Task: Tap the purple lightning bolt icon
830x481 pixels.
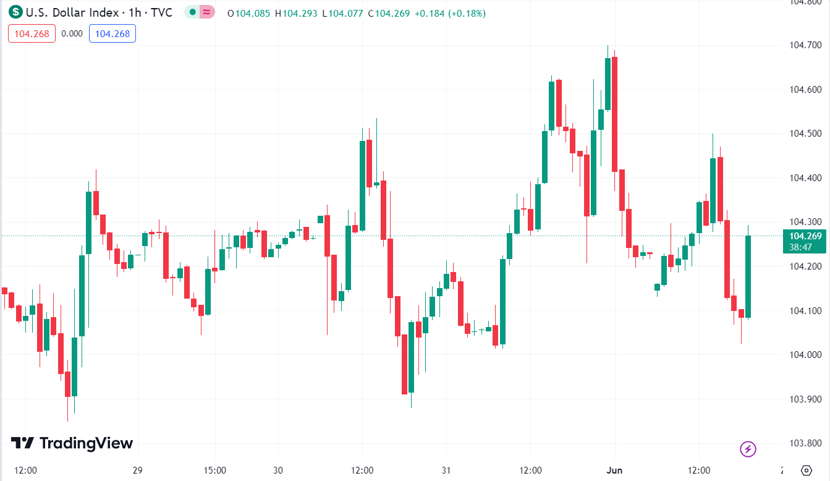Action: coord(748,449)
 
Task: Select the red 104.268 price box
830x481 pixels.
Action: coord(32,33)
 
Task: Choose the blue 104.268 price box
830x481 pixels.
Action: coord(112,33)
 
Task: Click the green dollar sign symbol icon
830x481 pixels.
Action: coord(16,12)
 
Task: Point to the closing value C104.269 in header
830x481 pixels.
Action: coord(389,13)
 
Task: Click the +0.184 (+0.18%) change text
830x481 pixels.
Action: coord(450,13)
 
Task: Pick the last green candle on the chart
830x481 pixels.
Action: coord(748,276)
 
